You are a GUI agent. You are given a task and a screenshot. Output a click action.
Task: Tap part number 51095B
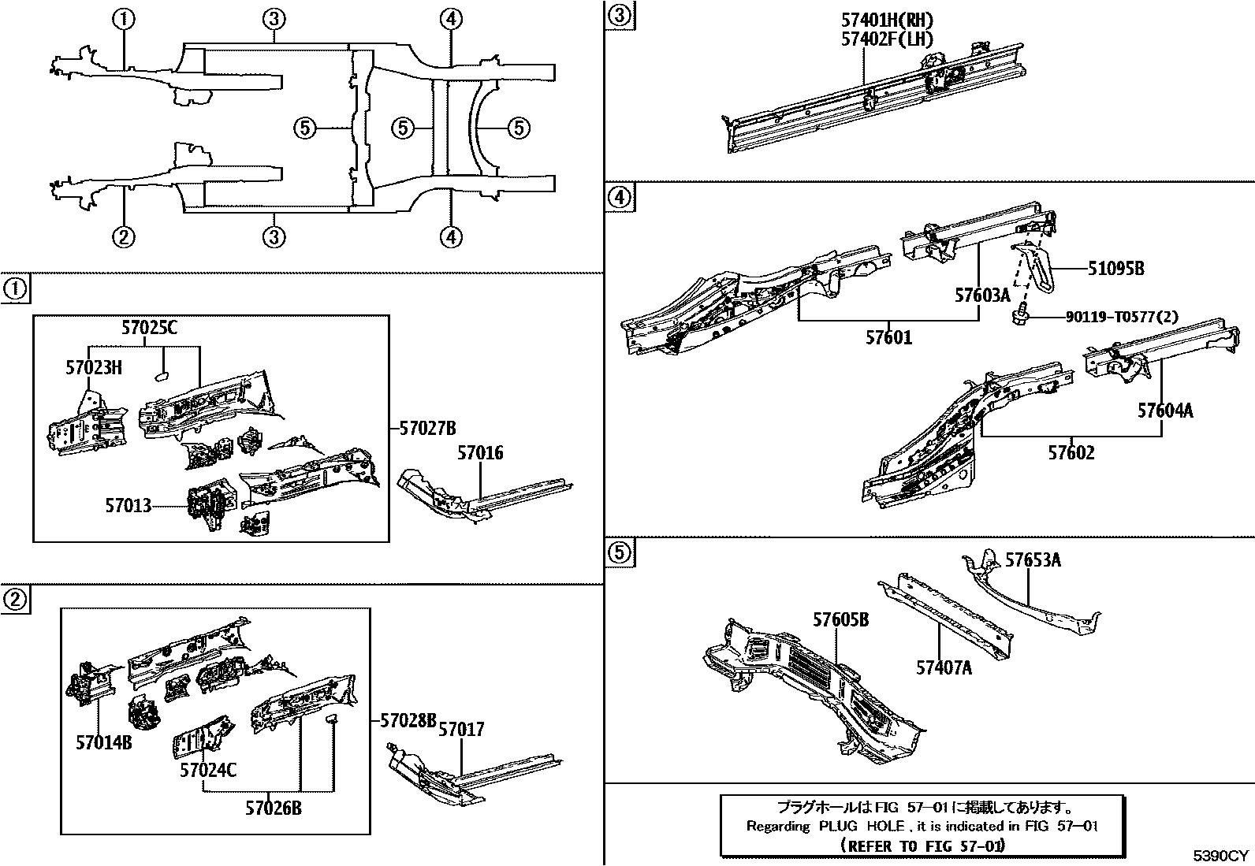tap(1115, 269)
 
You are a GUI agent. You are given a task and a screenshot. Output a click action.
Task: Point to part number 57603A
tap(982, 295)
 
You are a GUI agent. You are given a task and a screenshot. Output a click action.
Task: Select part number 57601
tap(888, 337)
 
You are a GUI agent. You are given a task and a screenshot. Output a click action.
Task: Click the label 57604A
tap(1164, 411)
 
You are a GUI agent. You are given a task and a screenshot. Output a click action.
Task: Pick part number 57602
tap(1071, 453)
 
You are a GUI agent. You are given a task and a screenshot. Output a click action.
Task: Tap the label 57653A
tap(1033, 560)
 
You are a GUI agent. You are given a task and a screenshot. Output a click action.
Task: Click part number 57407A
tap(944, 668)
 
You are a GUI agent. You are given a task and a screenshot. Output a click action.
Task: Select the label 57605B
tap(841, 621)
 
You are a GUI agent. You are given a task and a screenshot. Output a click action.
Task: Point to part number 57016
tap(480, 453)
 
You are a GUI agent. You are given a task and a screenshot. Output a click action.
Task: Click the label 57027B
tap(428, 429)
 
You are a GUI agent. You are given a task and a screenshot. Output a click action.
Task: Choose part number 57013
tap(128, 505)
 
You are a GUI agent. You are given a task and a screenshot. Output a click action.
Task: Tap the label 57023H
tap(94, 366)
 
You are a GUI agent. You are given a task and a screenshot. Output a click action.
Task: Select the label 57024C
tap(208, 769)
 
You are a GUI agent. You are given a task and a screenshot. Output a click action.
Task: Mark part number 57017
tap(461, 730)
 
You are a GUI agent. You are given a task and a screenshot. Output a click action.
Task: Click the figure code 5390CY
tap(1220, 856)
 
